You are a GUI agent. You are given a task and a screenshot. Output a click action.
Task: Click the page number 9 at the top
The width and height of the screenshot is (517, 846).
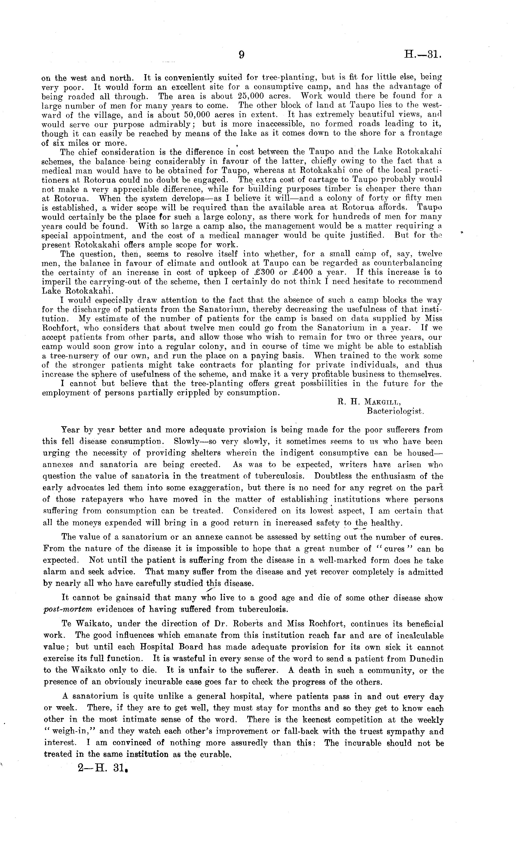241,55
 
